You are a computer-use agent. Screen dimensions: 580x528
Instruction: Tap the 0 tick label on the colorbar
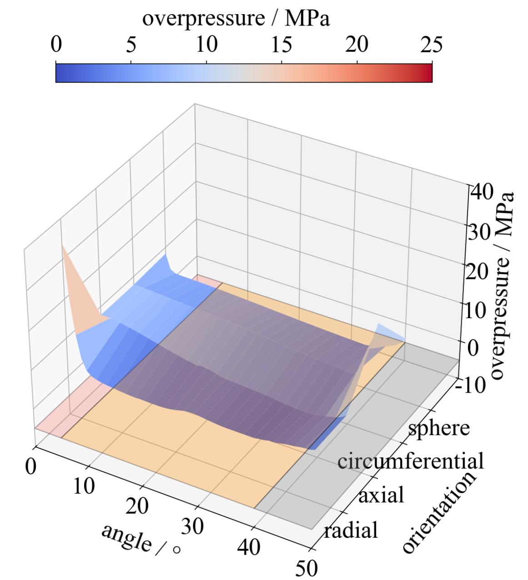tap(56, 45)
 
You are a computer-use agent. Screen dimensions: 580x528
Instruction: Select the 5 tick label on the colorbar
tap(131, 45)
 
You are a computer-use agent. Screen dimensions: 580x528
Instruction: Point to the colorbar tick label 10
tap(206, 45)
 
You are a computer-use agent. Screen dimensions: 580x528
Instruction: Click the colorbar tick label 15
tap(282, 45)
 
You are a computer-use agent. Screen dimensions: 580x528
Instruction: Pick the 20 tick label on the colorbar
tap(357, 45)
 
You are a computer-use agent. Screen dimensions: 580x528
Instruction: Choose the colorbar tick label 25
tap(432, 45)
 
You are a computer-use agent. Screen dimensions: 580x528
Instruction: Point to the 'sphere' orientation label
tap(438, 428)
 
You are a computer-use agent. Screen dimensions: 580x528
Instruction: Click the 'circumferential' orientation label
tap(410, 461)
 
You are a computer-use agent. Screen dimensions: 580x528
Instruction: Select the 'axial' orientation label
tap(381, 495)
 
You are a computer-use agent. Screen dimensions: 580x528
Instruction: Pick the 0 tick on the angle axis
tap(30, 467)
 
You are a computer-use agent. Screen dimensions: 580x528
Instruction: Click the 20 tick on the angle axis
tap(137, 506)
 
